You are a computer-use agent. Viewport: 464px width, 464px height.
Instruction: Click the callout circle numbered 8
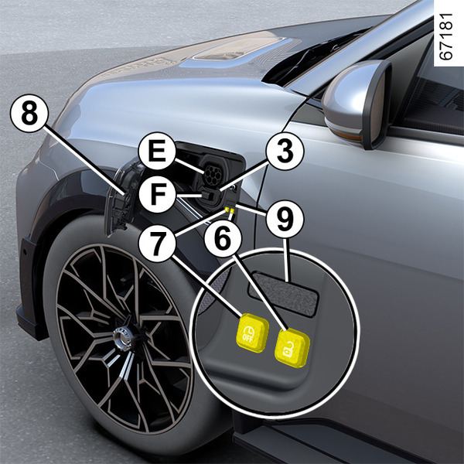pyautogui.click(x=29, y=114)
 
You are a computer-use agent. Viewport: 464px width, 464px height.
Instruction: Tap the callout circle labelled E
pyautogui.click(x=157, y=151)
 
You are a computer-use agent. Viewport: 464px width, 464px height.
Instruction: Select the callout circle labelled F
pyautogui.click(x=158, y=194)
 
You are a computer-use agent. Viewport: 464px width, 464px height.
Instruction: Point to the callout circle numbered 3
pyautogui.click(x=285, y=152)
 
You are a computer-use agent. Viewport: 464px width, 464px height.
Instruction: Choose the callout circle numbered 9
pyautogui.click(x=285, y=220)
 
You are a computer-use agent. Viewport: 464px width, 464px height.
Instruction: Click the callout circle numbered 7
pyautogui.click(x=158, y=244)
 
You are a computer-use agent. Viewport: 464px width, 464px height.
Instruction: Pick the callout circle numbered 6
pyautogui.click(x=223, y=238)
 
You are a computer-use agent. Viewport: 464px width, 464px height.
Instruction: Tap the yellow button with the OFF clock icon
pyautogui.click(x=252, y=333)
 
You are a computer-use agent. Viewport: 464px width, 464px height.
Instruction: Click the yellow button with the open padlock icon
pyautogui.click(x=292, y=348)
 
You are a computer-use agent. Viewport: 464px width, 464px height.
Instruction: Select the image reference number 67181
pyautogui.click(x=445, y=36)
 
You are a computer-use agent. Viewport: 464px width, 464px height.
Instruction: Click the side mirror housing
pyautogui.click(x=357, y=103)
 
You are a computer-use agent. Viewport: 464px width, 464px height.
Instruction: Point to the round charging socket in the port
pyautogui.click(x=213, y=175)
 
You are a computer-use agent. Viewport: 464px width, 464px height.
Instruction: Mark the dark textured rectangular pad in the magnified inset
pyautogui.click(x=283, y=294)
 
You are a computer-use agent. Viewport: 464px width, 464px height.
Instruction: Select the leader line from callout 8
pyautogui.click(x=84, y=160)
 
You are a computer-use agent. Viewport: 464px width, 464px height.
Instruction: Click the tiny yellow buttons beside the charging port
pyautogui.click(x=230, y=210)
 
